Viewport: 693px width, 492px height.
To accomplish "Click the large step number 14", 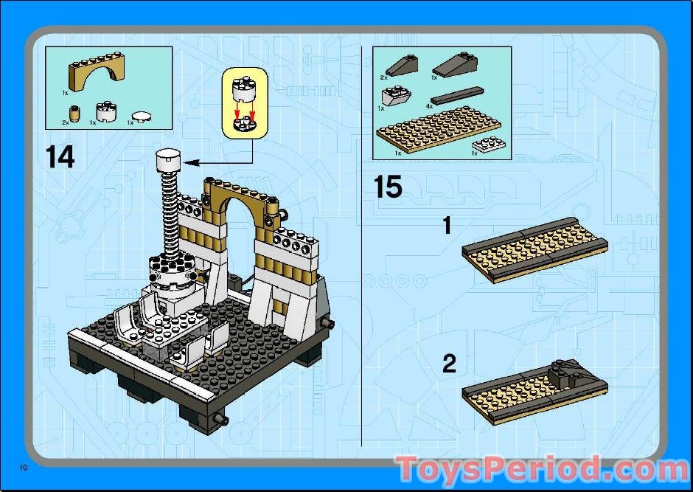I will tap(60, 156).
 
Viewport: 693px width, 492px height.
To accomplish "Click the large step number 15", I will tap(388, 187).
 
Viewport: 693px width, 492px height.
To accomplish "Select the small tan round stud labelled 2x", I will tap(74, 114).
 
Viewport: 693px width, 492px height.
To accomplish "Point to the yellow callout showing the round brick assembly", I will tap(243, 103).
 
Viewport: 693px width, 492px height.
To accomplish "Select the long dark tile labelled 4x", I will tap(457, 94).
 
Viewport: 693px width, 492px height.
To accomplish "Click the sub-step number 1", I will tap(447, 225).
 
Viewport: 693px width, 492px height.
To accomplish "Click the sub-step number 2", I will tap(448, 364).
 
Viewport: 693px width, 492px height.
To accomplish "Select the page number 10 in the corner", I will tap(24, 468).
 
